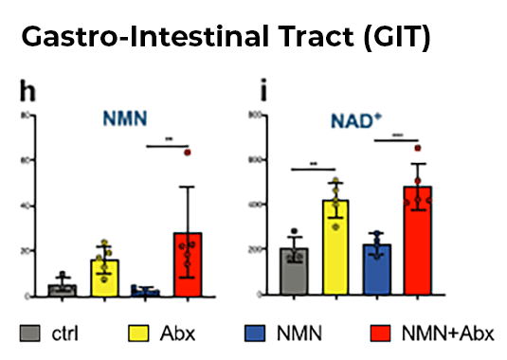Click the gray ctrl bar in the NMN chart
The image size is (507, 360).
pyautogui.click(x=62, y=290)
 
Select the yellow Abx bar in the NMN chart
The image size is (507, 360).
pyautogui.click(x=104, y=278)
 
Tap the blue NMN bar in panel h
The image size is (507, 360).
pyautogui.click(x=146, y=293)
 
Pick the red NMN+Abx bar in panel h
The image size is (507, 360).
pyautogui.click(x=188, y=265)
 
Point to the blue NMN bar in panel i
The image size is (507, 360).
pyautogui.click(x=378, y=271)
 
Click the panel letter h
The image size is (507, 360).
pyautogui.click(x=29, y=93)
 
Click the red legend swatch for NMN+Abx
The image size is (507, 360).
pyautogui.click(x=379, y=333)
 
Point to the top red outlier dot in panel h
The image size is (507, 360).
pyautogui.click(x=188, y=152)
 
